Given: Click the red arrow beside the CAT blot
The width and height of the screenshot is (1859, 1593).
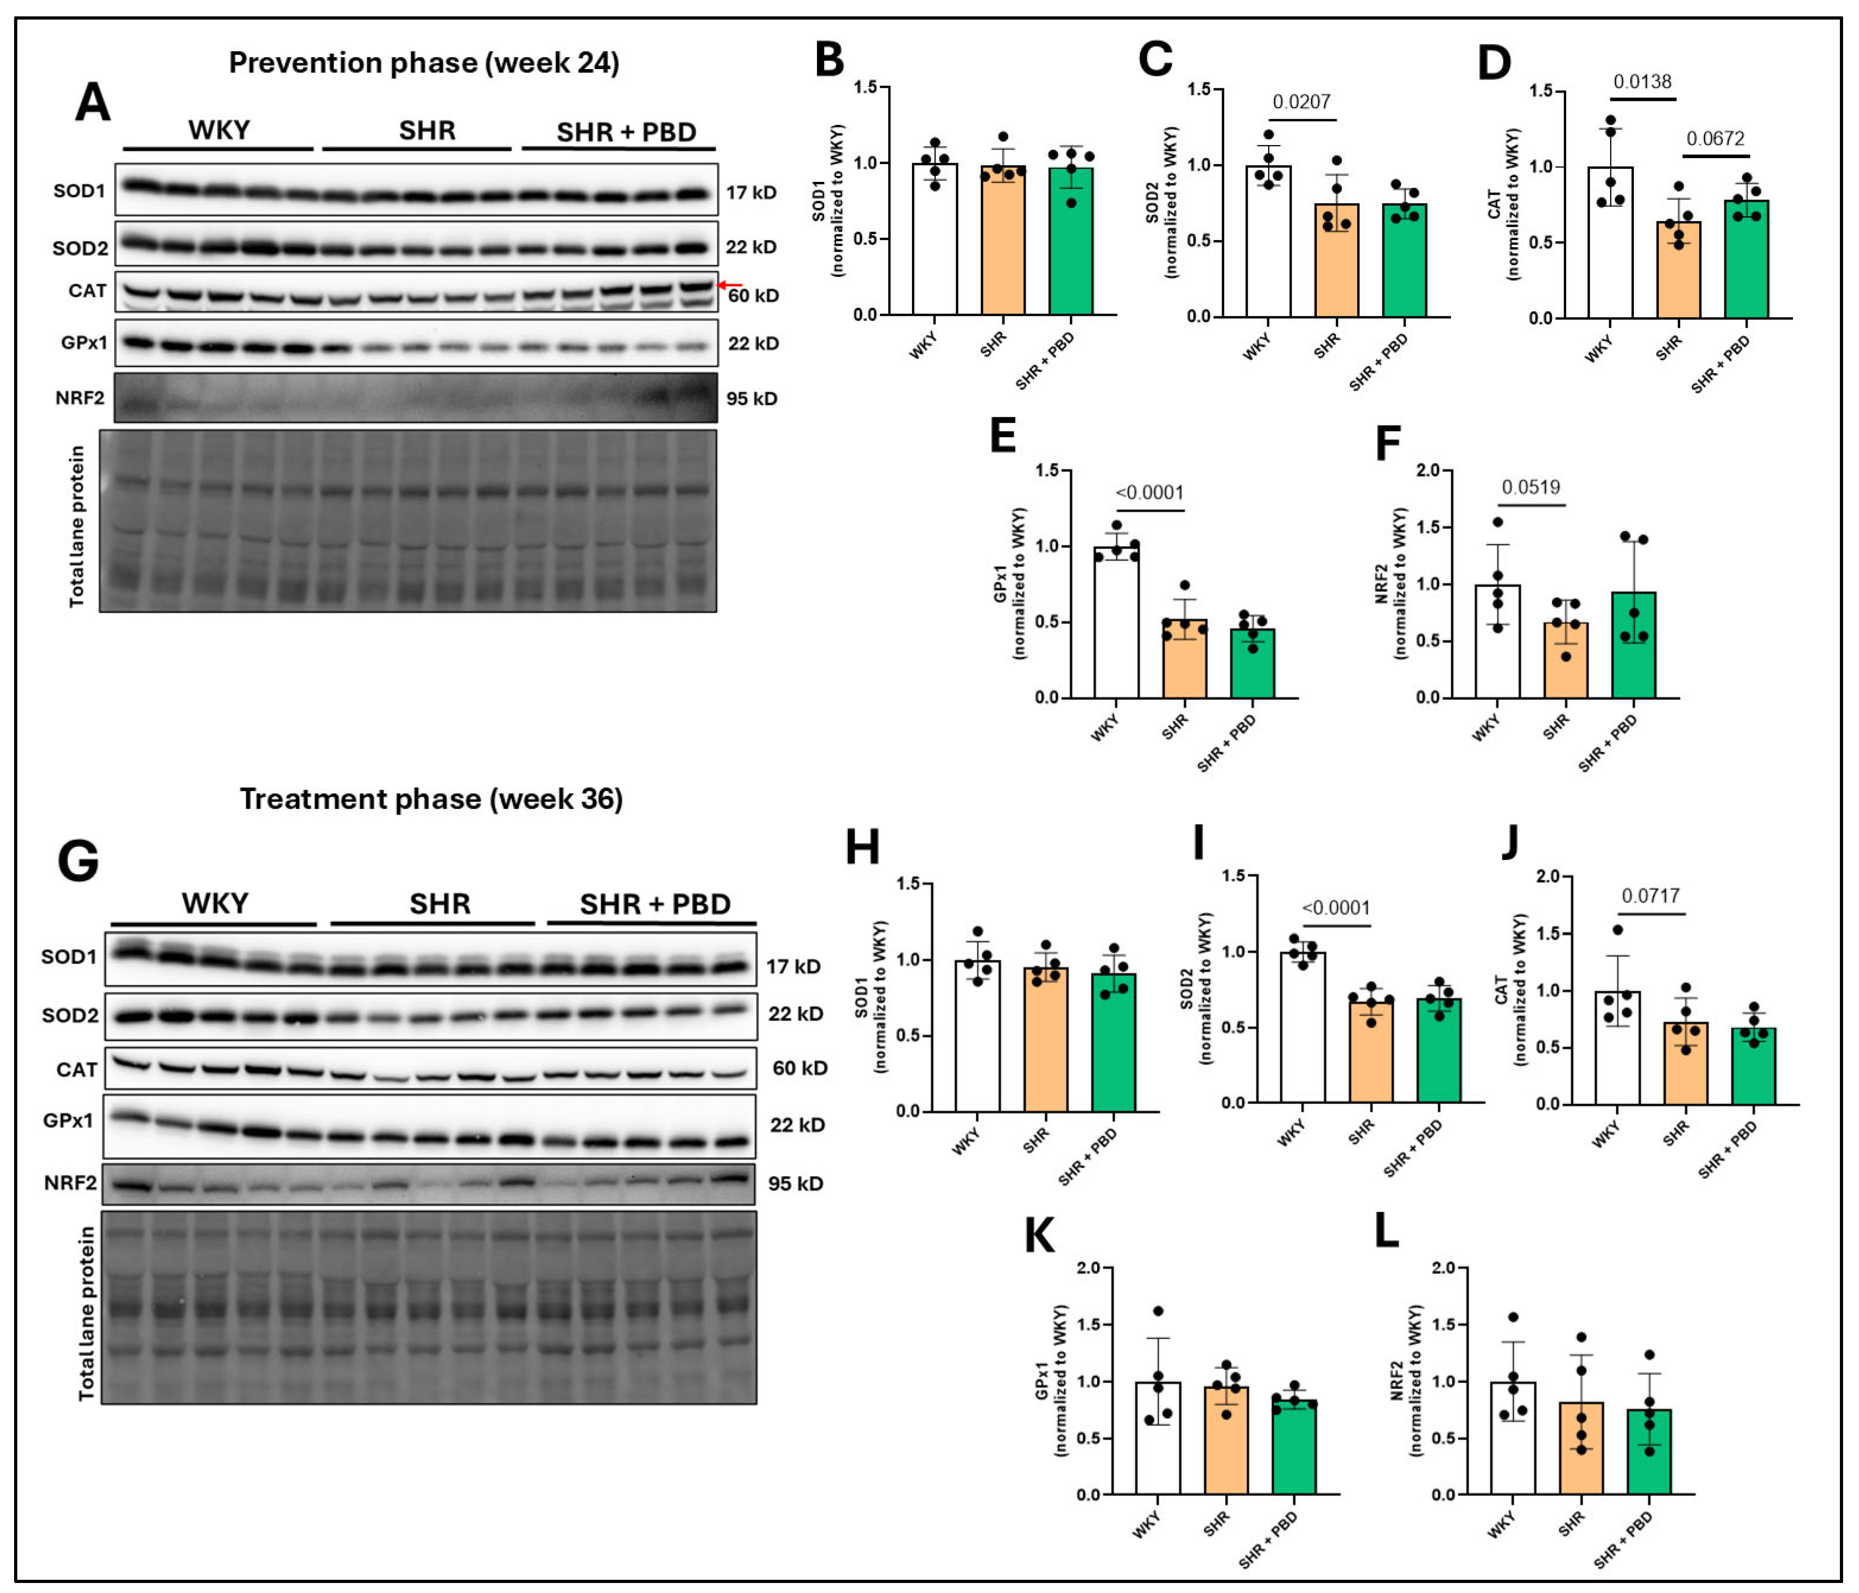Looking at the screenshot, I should (x=731, y=285).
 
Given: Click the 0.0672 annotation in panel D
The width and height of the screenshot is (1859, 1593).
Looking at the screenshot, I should (x=1715, y=139).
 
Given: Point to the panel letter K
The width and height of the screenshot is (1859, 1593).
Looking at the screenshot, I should (x=1040, y=1236).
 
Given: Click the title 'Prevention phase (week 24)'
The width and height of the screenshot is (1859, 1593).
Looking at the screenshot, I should (x=423, y=63).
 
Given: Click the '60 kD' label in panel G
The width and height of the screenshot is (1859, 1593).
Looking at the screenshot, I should (x=799, y=1067).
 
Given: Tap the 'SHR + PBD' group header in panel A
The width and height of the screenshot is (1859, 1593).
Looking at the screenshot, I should (x=626, y=133).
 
